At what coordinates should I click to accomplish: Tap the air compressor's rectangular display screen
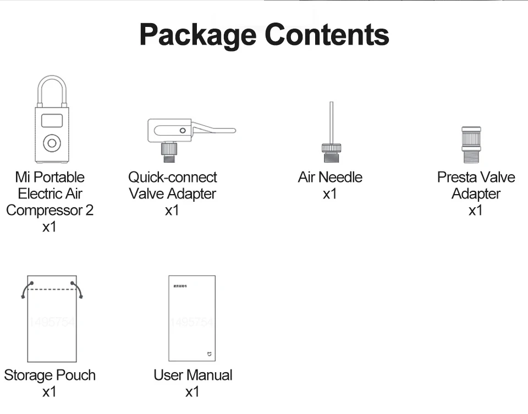(52, 120)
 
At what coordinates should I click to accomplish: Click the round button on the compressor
(52, 143)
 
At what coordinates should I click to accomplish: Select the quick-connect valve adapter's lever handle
(215, 130)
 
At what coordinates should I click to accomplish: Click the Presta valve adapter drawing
(471, 144)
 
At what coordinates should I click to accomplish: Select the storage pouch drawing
(52, 324)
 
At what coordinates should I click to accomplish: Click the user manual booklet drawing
(191, 318)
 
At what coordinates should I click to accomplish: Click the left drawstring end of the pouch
(23, 296)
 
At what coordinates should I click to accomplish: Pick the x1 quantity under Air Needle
(330, 194)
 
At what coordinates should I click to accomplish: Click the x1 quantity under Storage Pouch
(50, 392)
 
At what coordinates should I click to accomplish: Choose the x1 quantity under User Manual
(192, 392)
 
